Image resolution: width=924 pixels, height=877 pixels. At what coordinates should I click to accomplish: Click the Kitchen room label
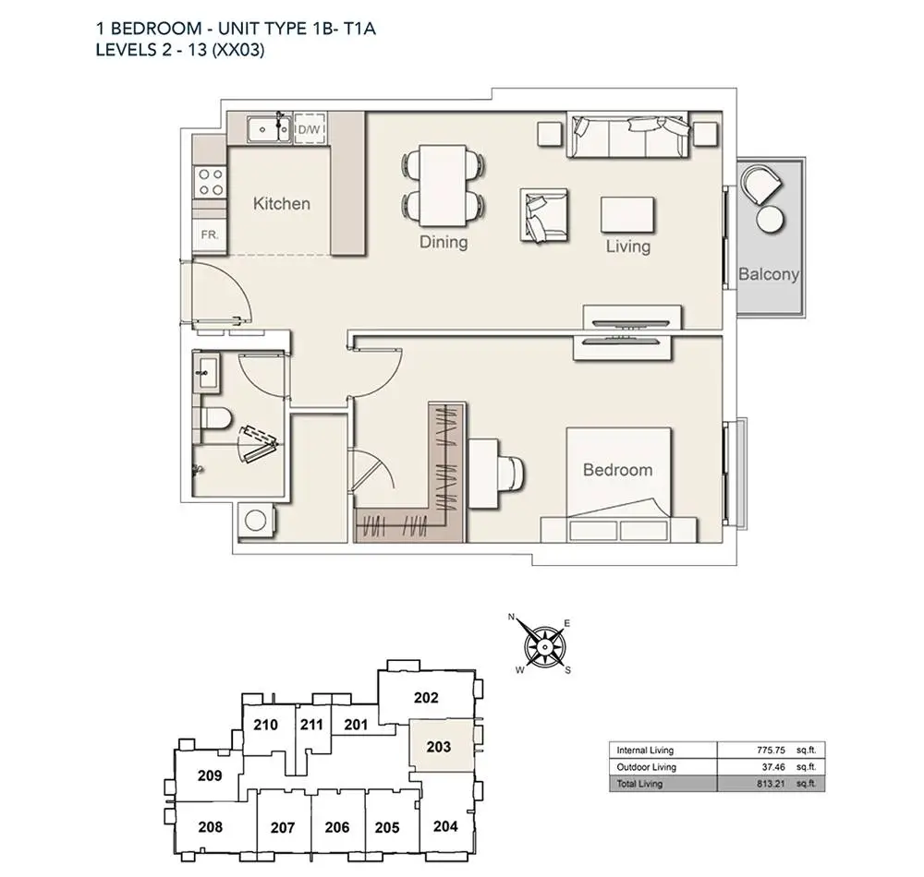coord(281,204)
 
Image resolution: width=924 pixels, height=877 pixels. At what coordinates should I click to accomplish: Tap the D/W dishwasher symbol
coord(310,127)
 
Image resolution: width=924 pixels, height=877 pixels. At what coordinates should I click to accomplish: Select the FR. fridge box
coord(210,234)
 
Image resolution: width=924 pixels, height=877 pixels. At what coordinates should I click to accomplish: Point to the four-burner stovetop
coord(211,181)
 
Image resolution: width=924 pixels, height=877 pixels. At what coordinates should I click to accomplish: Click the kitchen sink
coord(269,129)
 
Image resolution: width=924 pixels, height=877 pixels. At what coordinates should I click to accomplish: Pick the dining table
coord(443,186)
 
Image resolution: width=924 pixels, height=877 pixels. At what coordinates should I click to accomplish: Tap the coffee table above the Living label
coord(627,215)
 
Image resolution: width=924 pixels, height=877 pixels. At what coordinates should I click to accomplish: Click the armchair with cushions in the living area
coord(544,215)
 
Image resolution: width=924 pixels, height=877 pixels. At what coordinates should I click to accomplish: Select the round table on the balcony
coord(771,220)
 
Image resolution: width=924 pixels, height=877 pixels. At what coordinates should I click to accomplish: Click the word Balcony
coord(769,274)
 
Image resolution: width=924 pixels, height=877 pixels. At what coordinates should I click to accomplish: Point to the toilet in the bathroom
coord(215,419)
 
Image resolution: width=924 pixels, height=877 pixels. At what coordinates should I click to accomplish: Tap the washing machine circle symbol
coord(256,521)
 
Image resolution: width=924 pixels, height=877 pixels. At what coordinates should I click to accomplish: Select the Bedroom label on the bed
coord(617,470)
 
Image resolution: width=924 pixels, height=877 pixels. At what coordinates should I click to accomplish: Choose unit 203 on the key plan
coord(439,746)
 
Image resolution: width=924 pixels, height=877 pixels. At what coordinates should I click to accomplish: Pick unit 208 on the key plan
coord(211,827)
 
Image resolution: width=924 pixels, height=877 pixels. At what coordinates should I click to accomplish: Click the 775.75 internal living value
coord(771,751)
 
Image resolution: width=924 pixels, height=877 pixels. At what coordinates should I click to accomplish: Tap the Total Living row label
coord(639,784)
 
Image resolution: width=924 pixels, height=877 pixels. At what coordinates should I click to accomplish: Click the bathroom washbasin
coord(206,371)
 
